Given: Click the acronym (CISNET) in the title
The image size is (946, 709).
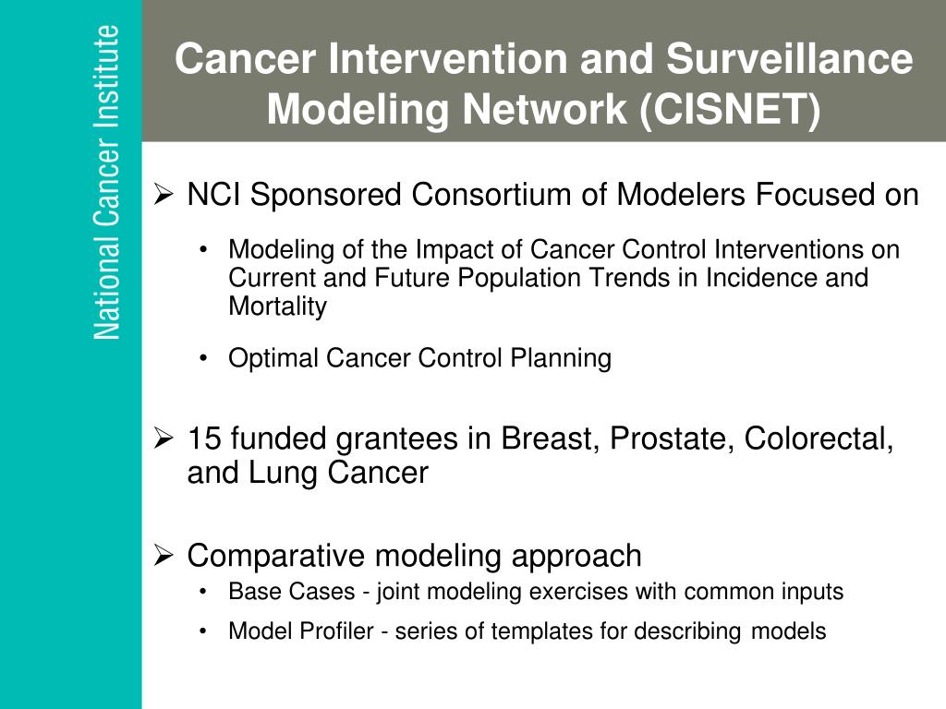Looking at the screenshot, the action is click(x=730, y=109).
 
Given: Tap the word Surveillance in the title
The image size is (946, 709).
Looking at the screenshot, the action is click(x=790, y=58).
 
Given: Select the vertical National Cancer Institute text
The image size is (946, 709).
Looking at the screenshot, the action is click(x=107, y=182).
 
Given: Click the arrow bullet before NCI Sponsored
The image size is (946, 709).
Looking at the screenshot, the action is click(x=164, y=194).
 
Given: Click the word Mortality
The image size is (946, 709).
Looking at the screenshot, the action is click(x=277, y=306).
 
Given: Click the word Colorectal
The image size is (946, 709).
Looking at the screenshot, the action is click(x=819, y=439).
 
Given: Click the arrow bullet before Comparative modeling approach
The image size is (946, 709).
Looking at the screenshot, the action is click(x=164, y=555).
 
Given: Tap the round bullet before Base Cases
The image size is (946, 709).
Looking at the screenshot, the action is click(x=203, y=592).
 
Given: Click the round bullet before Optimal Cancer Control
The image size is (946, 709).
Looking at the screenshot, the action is click(x=203, y=359).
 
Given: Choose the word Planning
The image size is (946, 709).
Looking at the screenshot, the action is click(x=561, y=359).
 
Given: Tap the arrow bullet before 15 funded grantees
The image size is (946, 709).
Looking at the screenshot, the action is click(x=164, y=438).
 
